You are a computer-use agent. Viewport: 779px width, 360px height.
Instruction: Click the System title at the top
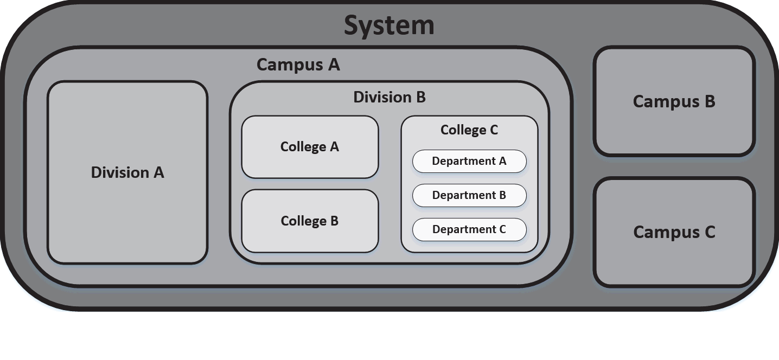(389, 25)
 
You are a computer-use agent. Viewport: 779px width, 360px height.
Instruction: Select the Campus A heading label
(298, 65)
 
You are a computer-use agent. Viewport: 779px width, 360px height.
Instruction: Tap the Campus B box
(674, 101)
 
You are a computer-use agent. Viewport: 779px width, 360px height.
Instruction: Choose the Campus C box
(674, 232)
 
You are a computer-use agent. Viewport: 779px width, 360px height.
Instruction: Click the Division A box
(127, 172)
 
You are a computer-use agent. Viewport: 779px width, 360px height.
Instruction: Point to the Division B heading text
(389, 98)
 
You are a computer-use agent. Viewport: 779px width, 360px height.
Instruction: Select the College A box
(310, 147)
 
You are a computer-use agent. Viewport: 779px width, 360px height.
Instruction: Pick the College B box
(310, 221)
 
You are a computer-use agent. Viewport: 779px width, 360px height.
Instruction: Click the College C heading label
(469, 130)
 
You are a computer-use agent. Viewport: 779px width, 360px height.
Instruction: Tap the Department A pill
(469, 162)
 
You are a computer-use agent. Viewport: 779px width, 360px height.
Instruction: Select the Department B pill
(469, 196)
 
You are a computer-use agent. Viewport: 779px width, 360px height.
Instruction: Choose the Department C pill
(469, 230)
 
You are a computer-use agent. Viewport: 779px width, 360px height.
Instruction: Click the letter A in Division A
(158, 172)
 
